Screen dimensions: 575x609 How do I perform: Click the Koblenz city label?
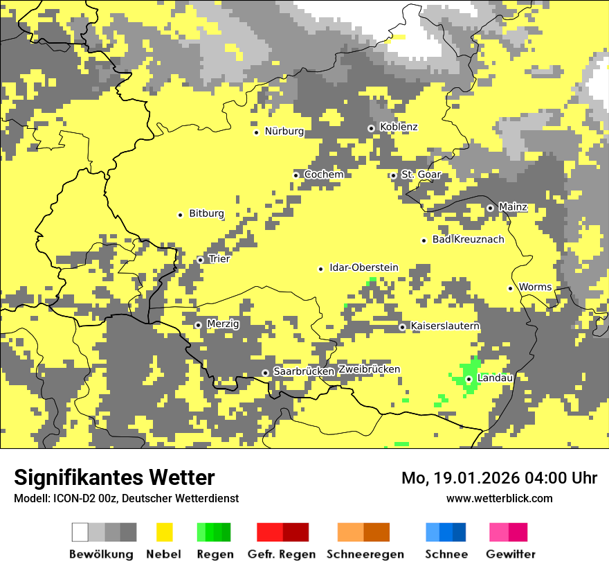click(399, 127)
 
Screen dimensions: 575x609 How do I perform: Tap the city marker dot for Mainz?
click(490, 208)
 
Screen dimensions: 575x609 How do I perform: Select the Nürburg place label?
click(284, 131)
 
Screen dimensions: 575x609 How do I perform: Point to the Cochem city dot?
click(296, 175)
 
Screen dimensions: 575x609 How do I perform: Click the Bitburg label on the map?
click(206, 214)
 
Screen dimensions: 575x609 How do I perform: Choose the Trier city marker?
click(200, 260)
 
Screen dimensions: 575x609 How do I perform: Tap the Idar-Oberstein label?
click(363, 268)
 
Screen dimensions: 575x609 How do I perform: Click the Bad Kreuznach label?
click(468, 240)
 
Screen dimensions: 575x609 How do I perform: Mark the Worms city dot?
click(510, 288)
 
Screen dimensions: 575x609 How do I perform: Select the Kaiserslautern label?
click(445, 326)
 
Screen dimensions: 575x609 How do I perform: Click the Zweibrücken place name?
click(369, 369)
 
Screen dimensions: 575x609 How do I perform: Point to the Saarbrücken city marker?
click(265, 373)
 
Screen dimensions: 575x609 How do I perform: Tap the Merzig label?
click(223, 324)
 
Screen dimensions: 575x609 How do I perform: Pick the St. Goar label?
click(421, 175)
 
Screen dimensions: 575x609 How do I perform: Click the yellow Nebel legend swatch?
click(165, 532)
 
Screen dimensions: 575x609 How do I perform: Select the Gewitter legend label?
click(510, 554)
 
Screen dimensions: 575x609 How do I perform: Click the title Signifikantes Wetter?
click(114, 477)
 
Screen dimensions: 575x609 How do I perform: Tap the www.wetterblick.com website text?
click(499, 499)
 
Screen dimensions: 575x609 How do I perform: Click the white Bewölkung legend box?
click(80, 532)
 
